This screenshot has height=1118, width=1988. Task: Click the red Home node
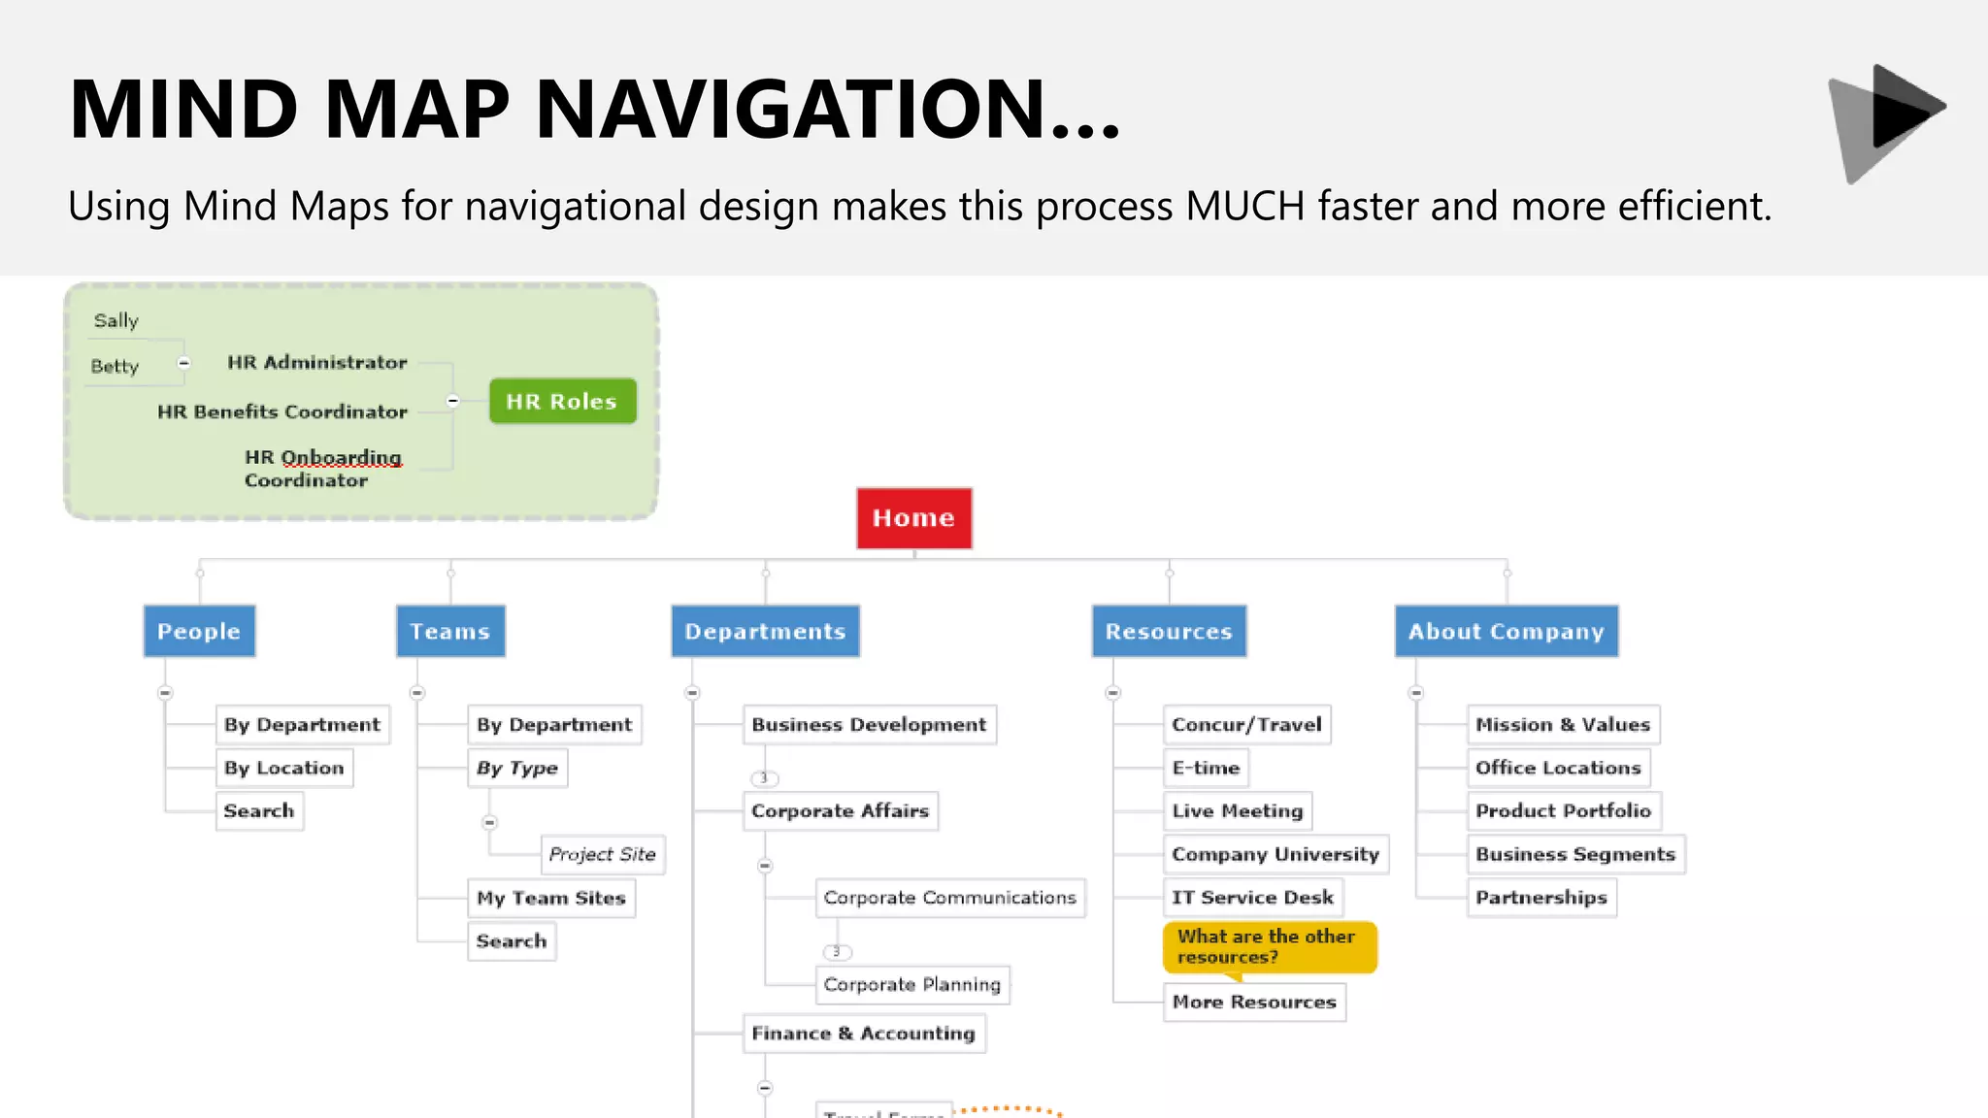tap(913, 518)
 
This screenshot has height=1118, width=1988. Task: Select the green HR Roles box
tap(562, 401)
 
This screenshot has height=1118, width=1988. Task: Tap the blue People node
tap(199, 632)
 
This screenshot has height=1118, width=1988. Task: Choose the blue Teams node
tap(449, 632)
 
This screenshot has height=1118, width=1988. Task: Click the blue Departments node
tap(765, 632)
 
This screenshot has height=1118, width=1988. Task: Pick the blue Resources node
tap(1169, 632)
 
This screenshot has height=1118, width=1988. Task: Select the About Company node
tap(1506, 632)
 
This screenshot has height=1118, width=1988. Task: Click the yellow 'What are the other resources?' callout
tap(1269, 947)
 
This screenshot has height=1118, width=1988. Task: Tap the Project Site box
tap(602, 854)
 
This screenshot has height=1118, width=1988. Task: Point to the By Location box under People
tap(283, 768)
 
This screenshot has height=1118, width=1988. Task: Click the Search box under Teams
tap(511, 941)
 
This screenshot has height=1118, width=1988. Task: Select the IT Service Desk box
tap(1252, 898)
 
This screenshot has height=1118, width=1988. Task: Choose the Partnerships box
tap(1541, 898)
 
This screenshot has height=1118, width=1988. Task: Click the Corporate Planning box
tap(911, 984)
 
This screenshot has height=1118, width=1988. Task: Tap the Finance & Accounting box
tap(863, 1034)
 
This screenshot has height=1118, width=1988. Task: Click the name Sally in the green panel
tap(116, 321)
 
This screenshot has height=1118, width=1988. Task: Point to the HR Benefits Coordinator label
tap(282, 411)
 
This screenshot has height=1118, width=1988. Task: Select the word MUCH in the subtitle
tap(1245, 207)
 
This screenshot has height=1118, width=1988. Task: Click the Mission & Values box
tap(1562, 725)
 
